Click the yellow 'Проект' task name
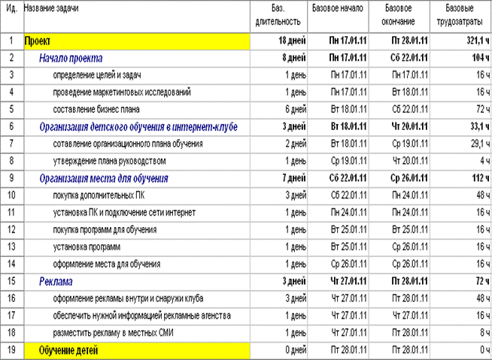coord(38,41)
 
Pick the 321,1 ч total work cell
coord(463,41)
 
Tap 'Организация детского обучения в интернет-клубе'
coord(138,127)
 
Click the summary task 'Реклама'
coord(56,281)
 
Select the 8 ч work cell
coord(472,332)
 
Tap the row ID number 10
coord(11,195)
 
